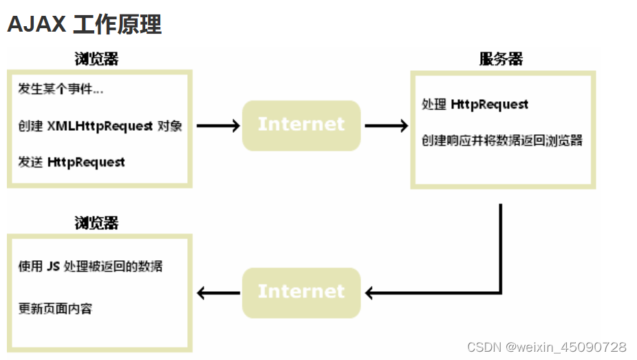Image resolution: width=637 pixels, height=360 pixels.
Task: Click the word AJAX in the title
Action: click(x=36, y=24)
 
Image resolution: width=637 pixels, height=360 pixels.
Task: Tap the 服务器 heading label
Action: click(x=501, y=59)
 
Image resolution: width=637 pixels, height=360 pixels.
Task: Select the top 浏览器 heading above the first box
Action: click(x=96, y=59)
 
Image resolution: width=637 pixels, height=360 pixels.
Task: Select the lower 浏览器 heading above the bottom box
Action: click(x=96, y=223)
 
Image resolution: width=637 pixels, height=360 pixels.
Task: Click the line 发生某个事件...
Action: click(x=61, y=89)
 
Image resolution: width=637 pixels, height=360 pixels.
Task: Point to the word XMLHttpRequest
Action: click(x=100, y=126)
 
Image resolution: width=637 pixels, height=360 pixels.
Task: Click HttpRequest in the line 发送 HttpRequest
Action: click(x=86, y=162)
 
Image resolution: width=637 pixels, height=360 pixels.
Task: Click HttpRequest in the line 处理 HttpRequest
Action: click(x=489, y=105)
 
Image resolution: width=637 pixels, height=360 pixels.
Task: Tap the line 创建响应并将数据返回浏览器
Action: click(x=501, y=140)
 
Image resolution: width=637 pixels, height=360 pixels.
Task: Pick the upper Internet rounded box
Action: click(x=301, y=125)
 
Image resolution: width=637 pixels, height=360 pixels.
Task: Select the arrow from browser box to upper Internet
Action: click(x=217, y=126)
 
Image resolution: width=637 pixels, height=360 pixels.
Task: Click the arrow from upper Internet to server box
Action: click(x=386, y=126)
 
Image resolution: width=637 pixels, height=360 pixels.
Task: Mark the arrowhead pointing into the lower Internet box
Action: click(x=370, y=293)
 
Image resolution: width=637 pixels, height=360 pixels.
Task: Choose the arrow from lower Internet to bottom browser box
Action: click(x=218, y=293)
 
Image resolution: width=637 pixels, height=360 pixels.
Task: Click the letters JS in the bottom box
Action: click(x=53, y=266)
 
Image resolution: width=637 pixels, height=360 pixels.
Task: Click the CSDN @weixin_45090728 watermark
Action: click(x=546, y=347)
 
